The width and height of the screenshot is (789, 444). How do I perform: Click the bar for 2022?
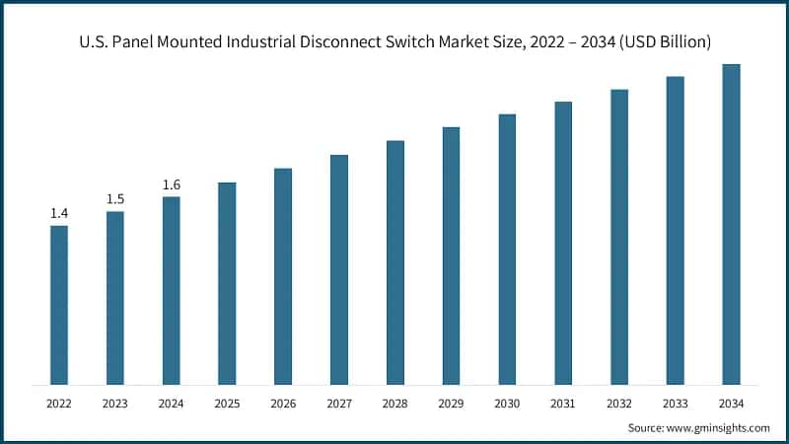tap(59, 305)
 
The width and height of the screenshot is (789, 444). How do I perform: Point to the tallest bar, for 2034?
tap(731, 224)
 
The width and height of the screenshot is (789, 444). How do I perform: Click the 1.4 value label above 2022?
tap(59, 213)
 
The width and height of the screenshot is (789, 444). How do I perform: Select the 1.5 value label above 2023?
tap(115, 199)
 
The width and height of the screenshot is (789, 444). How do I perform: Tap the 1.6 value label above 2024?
tap(172, 185)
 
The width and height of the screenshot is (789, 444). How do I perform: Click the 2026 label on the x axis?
tap(283, 403)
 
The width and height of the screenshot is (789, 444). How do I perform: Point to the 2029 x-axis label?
tap(451, 403)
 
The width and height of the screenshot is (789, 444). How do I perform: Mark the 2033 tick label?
tap(675, 403)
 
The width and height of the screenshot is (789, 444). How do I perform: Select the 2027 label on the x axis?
tap(339, 403)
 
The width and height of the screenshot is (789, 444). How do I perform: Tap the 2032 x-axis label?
tap(618, 403)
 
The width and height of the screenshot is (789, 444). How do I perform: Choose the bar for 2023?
tap(115, 298)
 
